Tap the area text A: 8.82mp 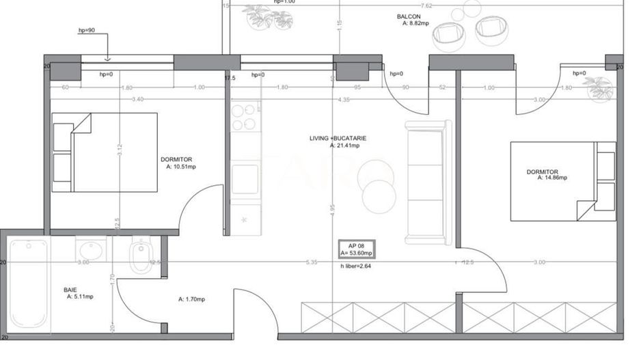415,23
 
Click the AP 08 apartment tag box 357,249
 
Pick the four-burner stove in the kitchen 244,117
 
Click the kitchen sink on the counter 245,179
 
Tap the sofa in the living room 428,182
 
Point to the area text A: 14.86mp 551,178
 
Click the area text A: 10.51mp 180,166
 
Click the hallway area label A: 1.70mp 191,299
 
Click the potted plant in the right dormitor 599,88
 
